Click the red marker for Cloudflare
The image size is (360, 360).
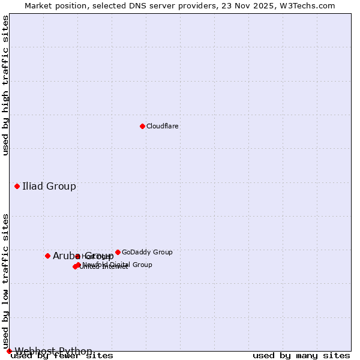point(142,126)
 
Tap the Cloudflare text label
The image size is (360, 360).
point(163,127)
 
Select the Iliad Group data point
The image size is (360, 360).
point(17,186)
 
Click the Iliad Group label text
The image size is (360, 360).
point(49,186)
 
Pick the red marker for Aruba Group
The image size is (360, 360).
point(47,256)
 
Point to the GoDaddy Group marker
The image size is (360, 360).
point(118,252)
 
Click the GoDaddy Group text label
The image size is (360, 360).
point(147,253)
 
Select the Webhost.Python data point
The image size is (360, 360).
point(9,351)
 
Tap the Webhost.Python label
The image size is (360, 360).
point(53,351)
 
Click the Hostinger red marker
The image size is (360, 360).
point(77,256)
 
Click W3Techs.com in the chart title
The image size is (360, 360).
point(305,6)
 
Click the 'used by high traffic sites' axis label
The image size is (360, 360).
point(6,85)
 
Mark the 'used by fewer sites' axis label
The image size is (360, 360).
point(62,356)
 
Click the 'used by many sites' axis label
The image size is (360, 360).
point(301,356)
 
